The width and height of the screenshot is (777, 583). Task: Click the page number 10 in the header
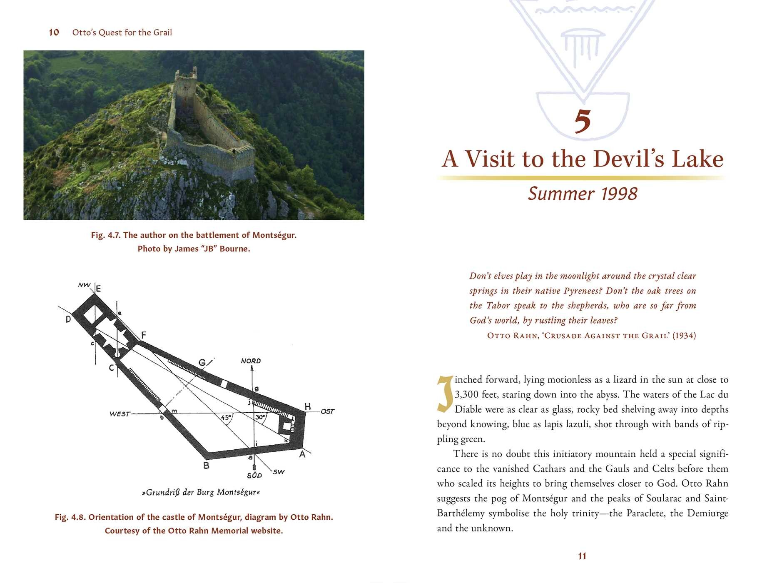pos(54,32)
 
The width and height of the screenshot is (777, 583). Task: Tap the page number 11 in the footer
pos(582,556)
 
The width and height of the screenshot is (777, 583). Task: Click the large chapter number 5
pos(583,121)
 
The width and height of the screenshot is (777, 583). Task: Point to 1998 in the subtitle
pos(619,194)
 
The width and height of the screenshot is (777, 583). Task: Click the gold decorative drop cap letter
pos(445,394)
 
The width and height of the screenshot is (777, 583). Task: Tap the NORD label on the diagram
pos(251,361)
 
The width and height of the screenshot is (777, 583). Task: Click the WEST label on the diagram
pos(120,414)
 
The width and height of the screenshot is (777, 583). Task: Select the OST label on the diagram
pos(328,411)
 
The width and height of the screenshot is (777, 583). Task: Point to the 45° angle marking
pos(226,417)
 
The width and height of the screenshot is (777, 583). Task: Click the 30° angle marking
pos(260,417)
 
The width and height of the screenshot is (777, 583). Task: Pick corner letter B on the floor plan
pos(206,466)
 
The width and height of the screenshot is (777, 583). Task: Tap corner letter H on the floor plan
pos(307,406)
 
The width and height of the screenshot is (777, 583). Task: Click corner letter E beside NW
pos(98,289)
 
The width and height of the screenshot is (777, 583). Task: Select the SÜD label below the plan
pos(254,475)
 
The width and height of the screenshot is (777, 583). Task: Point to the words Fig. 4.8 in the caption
pos(70,517)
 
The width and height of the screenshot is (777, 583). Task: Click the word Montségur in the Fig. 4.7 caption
pos(274,235)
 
